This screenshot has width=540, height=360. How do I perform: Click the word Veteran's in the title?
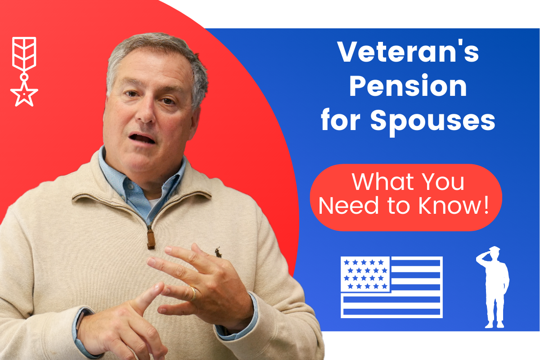[x=408, y=52]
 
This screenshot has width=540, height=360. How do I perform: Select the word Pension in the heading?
[x=408, y=86]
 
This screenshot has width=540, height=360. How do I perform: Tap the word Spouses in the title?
[x=433, y=122]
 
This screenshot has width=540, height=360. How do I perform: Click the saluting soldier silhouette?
[x=493, y=287]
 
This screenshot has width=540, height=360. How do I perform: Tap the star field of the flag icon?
[x=365, y=274]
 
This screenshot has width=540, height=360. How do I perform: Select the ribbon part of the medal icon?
[x=24, y=54]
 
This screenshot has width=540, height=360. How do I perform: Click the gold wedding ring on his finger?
[x=193, y=293]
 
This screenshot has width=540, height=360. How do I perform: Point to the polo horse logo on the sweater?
[x=218, y=252]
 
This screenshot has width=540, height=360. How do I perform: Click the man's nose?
[x=146, y=111]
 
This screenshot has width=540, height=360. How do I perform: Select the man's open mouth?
[x=142, y=138]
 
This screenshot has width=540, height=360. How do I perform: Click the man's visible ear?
[x=195, y=123]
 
